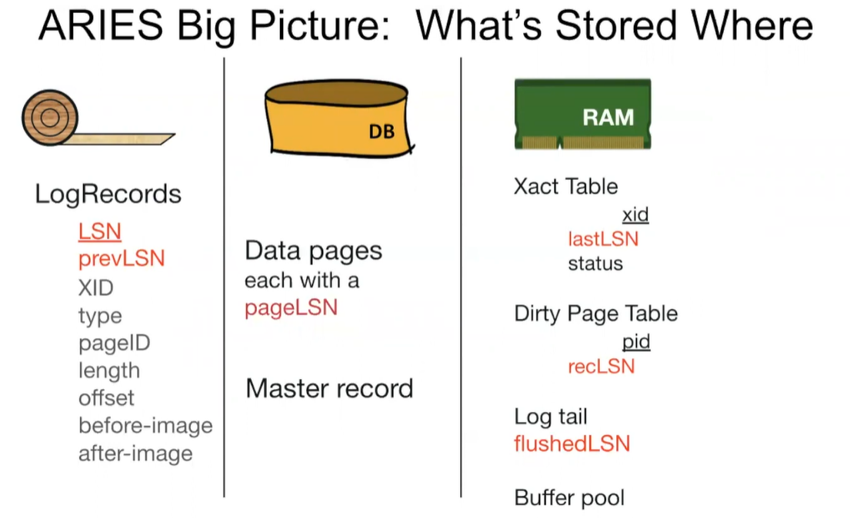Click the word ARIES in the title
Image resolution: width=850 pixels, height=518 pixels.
click(x=101, y=25)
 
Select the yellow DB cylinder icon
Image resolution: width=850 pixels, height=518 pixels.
click(x=338, y=118)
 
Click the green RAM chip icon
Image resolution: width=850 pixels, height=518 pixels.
click(x=583, y=114)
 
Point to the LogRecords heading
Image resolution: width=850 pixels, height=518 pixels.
click(x=108, y=194)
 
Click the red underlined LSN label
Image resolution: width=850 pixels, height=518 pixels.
click(x=100, y=231)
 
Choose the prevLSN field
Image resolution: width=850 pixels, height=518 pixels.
click(x=122, y=258)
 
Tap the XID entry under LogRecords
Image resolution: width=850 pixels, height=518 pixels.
click(x=96, y=287)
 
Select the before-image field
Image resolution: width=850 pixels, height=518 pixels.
click(x=146, y=426)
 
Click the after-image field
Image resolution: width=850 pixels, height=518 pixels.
click(x=135, y=453)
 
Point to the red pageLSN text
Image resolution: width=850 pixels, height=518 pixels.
click(x=291, y=307)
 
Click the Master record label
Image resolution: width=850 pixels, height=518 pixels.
click(x=329, y=389)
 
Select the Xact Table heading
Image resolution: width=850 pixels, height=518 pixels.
click(x=566, y=187)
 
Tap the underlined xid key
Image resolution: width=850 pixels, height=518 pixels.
click(x=635, y=214)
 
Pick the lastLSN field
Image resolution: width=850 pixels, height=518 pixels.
click(x=603, y=239)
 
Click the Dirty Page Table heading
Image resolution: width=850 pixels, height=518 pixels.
click(x=596, y=314)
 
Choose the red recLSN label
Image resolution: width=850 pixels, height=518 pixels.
click(x=602, y=367)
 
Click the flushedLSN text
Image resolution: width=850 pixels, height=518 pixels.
click(x=572, y=443)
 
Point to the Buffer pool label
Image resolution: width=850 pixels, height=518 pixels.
click(x=569, y=498)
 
